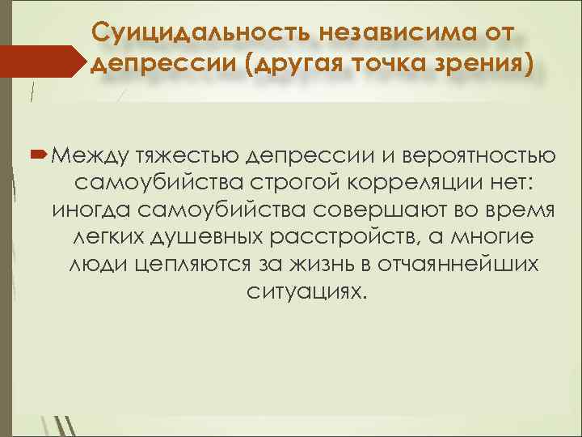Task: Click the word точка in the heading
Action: point(381,65)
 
